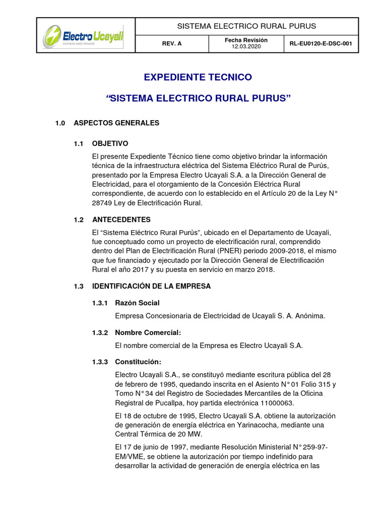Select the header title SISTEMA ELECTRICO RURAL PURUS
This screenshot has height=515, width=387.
[247, 26]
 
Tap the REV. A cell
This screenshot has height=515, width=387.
[172, 44]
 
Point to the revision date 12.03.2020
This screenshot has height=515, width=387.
[246, 47]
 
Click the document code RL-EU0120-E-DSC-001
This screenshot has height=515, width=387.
[320, 44]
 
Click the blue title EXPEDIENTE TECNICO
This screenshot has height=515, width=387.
[198, 77]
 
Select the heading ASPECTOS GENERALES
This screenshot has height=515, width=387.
[116, 123]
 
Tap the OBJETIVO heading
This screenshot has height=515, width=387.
[110, 144]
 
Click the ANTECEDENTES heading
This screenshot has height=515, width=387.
[121, 220]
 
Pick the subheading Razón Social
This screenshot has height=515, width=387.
[137, 303]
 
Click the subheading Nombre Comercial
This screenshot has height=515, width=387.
[148, 332]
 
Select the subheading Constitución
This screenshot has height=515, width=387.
[138, 362]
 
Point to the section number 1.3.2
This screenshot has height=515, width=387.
[100, 332]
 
